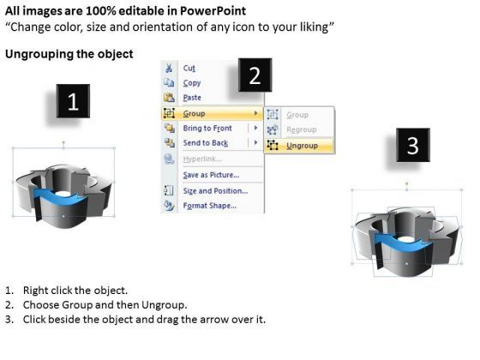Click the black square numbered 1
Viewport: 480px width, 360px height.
[x=73, y=103]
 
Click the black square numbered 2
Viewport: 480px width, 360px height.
[x=254, y=77]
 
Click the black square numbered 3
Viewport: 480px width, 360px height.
[x=412, y=147]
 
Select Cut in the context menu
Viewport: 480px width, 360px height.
[x=189, y=68]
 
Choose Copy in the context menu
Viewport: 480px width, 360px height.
[x=192, y=83]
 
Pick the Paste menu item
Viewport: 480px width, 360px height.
[x=193, y=98]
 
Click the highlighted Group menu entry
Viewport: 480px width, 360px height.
[x=195, y=113]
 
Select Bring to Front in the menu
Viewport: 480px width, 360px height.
[x=208, y=129]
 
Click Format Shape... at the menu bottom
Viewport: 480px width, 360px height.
[x=210, y=207]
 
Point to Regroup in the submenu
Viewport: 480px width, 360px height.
[x=301, y=129]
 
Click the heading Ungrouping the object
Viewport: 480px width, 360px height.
[x=69, y=54]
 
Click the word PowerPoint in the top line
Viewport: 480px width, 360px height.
[x=214, y=11]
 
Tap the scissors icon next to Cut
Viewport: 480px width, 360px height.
[x=168, y=68]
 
